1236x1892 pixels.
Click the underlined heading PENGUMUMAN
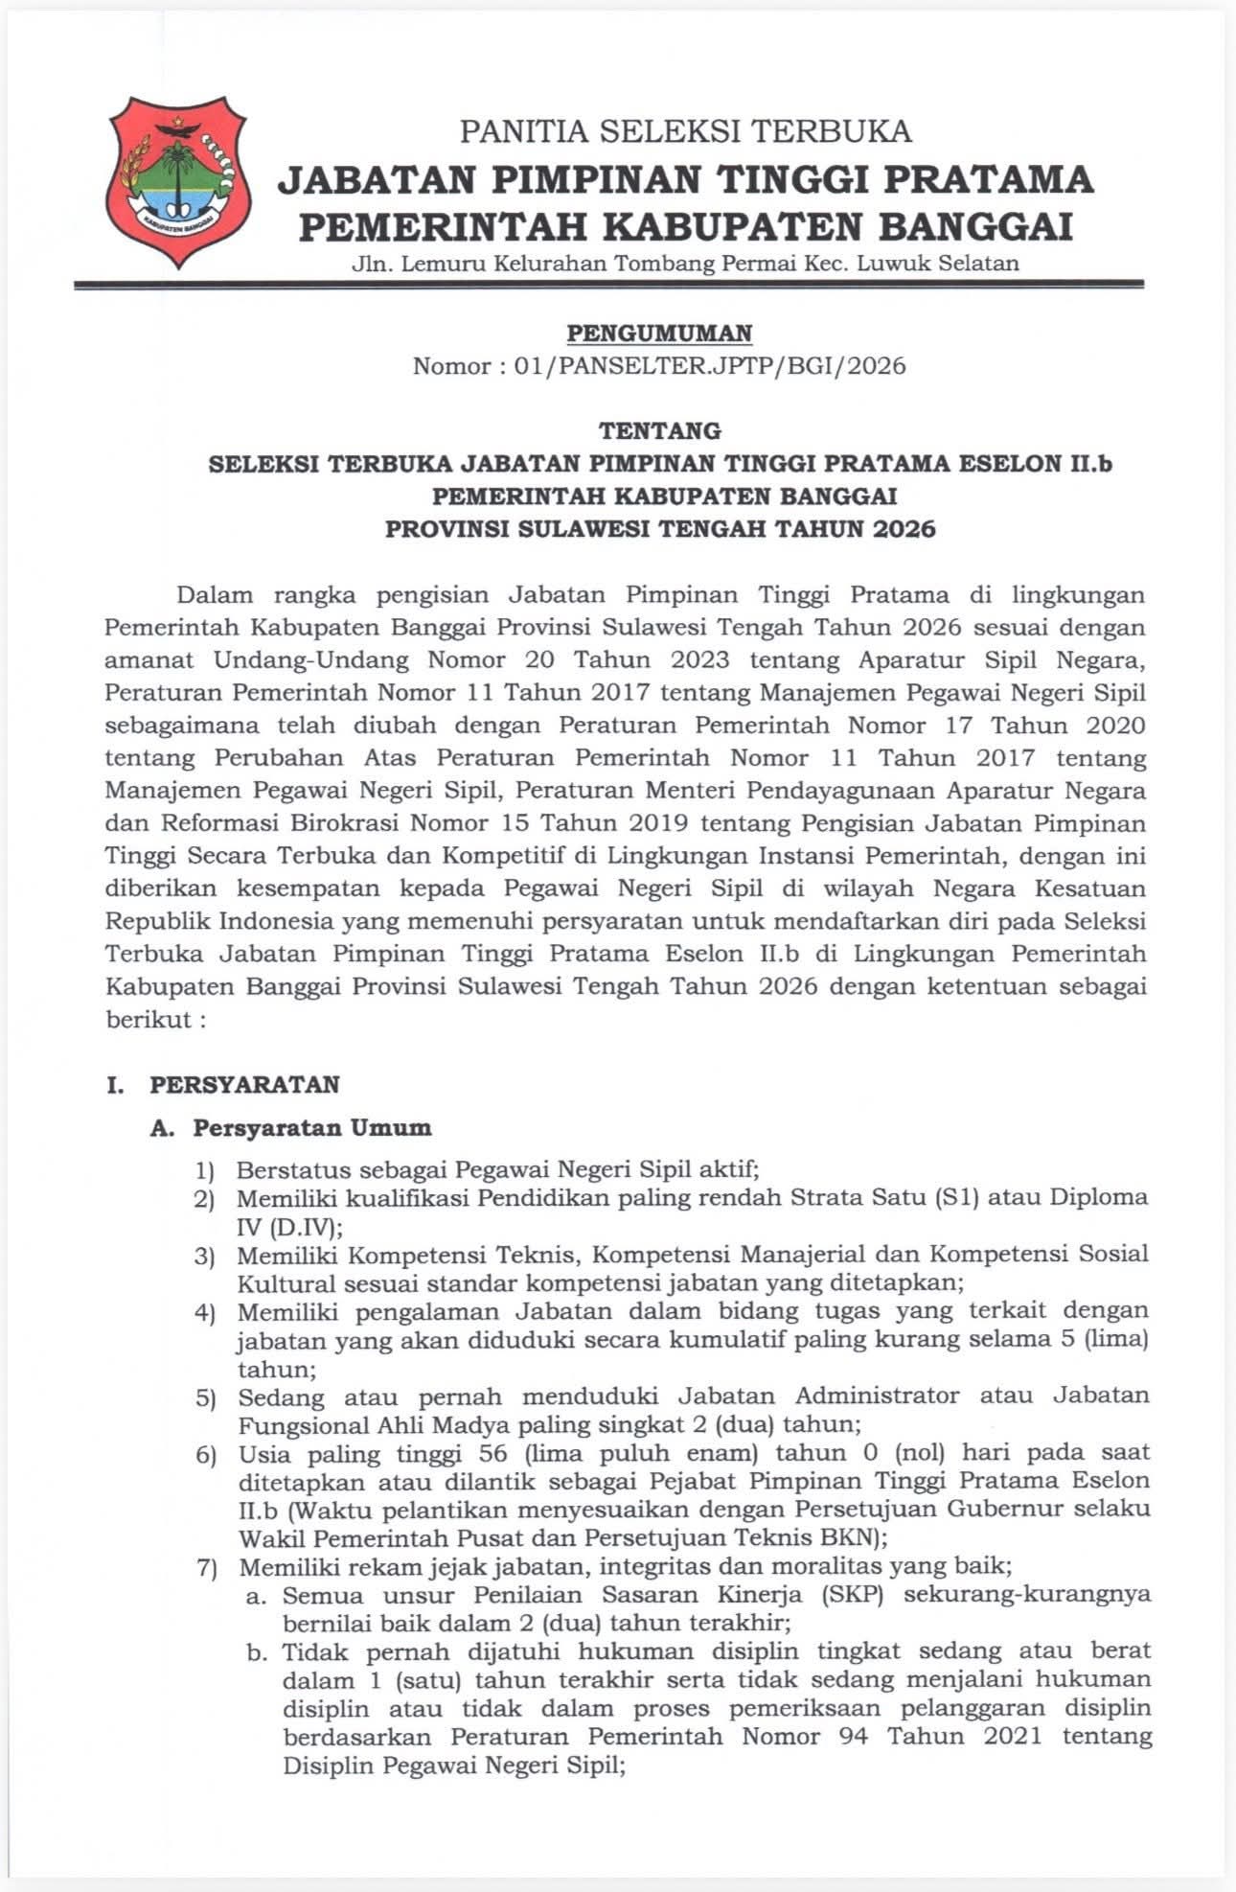coord(659,333)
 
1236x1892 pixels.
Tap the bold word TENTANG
coord(659,430)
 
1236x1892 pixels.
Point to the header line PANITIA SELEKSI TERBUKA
coord(685,130)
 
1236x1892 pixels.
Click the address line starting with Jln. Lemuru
coord(685,263)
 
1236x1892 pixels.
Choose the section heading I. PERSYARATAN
coord(223,1084)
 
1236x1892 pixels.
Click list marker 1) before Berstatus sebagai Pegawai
coord(205,1170)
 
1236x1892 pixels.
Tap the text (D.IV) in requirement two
coord(288,1226)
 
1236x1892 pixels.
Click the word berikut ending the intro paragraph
coord(149,1019)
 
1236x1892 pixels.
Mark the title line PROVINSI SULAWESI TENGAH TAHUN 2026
coord(660,528)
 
